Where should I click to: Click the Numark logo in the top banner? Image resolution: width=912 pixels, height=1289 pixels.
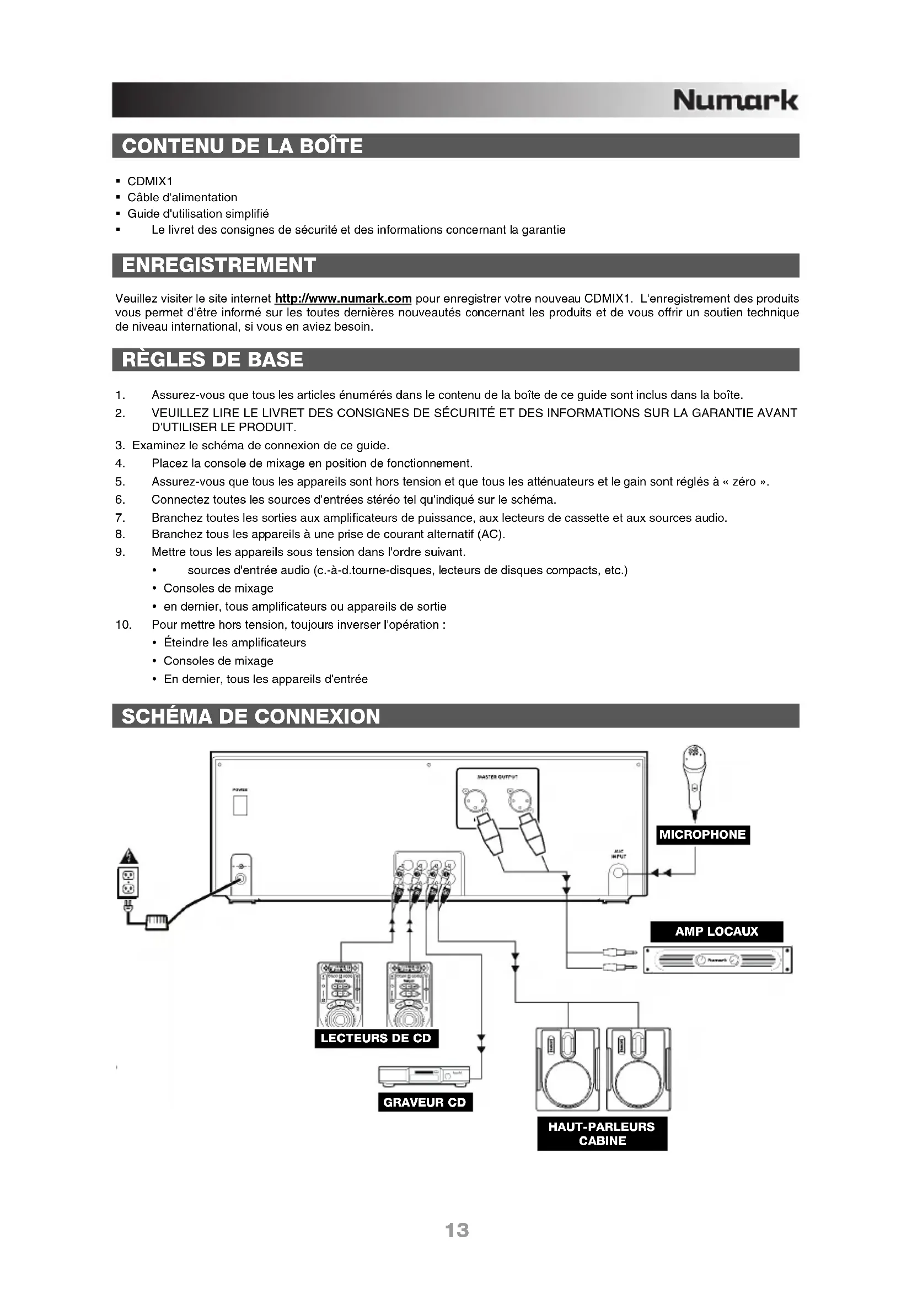pyautogui.click(x=734, y=100)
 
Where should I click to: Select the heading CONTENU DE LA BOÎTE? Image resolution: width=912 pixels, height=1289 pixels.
pyautogui.click(x=242, y=146)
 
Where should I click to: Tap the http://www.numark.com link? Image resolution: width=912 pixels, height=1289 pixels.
pyautogui.click(x=343, y=298)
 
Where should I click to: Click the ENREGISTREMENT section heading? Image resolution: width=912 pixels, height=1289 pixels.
pyautogui.click(x=219, y=265)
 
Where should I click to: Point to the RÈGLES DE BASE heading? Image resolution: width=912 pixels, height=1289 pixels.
pyautogui.click(x=212, y=359)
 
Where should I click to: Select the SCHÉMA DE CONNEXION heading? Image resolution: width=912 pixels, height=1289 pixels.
pyautogui.click(x=250, y=716)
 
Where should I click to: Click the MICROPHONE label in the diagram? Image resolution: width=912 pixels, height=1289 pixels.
pyautogui.click(x=702, y=834)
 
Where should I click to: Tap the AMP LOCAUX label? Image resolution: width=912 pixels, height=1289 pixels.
pyautogui.click(x=716, y=931)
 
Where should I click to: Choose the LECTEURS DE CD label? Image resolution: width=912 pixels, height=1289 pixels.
pyautogui.click(x=375, y=1038)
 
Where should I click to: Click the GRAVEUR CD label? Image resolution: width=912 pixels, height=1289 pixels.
pyautogui.click(x=425, y=1102)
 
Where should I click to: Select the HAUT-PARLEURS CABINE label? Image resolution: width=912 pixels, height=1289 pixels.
pyautogui.click(x=602, y=1134)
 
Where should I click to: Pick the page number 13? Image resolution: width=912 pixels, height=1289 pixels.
pyautogui.click(x=456, y=1230)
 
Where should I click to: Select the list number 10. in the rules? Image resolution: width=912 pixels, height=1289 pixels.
pyautogui.click(x=124, y=624)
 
